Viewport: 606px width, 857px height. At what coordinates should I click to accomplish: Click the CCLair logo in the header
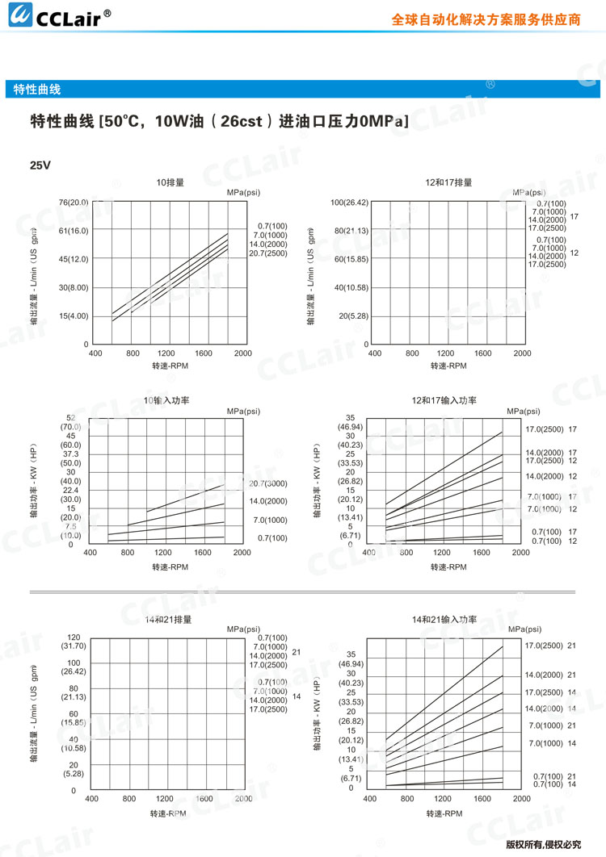(57, 18)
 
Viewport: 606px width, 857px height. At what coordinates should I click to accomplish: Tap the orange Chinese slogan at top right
(486, 20)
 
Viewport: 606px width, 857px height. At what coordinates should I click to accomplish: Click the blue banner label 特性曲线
(37, 90)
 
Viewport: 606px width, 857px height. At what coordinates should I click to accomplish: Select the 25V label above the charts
(40, 165)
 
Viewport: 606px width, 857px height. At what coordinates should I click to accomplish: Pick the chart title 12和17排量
(448, 183)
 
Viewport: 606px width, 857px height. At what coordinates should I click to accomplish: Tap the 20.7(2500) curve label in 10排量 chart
(267, 253)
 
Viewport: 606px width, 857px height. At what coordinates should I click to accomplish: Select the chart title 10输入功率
(166, 400)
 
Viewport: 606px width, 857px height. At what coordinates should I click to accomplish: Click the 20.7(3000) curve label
(268, 483)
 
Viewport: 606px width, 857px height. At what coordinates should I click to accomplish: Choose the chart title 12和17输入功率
(444, 400)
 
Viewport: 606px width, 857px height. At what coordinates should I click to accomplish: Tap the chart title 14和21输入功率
(444, 620)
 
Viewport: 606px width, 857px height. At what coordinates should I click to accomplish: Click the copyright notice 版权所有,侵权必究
(543, 845)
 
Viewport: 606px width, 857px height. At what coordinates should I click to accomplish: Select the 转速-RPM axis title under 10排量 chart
(170, 365)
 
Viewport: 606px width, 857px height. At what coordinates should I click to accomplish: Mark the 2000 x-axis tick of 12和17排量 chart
(522, 353)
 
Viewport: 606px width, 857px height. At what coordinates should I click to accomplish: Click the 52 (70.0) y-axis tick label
(71, 422)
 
